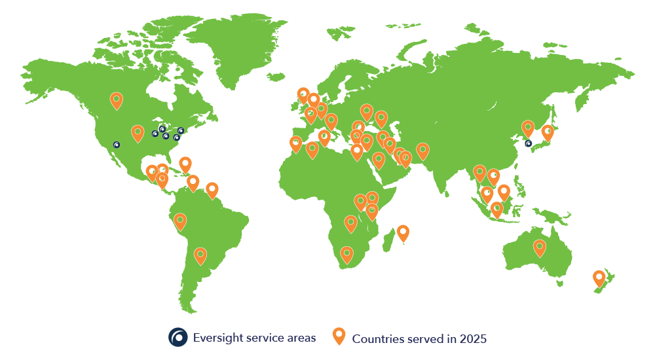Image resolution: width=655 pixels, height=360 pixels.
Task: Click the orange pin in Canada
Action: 116,100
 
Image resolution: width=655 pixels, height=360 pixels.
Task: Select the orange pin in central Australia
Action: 539,247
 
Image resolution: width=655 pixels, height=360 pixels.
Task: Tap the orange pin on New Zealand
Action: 599,278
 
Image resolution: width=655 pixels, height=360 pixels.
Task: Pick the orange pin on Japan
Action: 547,133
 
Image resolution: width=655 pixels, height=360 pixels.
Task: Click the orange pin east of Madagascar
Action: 403,232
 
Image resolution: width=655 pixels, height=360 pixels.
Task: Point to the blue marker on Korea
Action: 529,143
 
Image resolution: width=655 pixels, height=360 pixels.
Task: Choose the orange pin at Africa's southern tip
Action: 346,254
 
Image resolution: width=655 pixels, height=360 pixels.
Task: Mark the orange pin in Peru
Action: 179,221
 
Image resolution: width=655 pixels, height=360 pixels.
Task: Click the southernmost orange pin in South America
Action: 200,255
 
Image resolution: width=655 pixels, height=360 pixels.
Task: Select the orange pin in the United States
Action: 138,133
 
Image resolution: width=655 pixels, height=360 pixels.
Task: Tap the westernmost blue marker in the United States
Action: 117,145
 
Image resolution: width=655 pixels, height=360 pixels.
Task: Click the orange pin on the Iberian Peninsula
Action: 295,143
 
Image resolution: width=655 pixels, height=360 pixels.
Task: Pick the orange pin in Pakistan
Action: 422,151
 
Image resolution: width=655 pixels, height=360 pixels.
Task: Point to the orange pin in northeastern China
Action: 528,128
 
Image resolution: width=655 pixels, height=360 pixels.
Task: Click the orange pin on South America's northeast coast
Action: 212,190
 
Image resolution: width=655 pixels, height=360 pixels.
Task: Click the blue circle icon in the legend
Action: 178,337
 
